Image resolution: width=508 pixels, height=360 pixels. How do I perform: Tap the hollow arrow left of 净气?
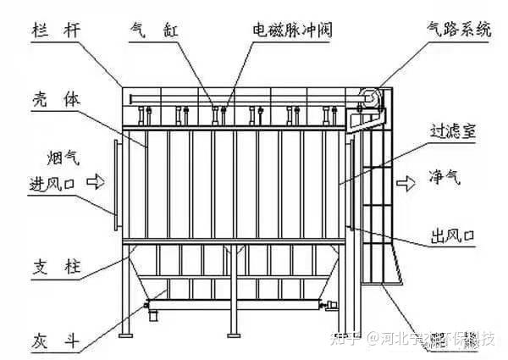click(x=410, y=180)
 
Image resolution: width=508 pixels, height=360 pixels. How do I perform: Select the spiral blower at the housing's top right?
click(x=369, y=99)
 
